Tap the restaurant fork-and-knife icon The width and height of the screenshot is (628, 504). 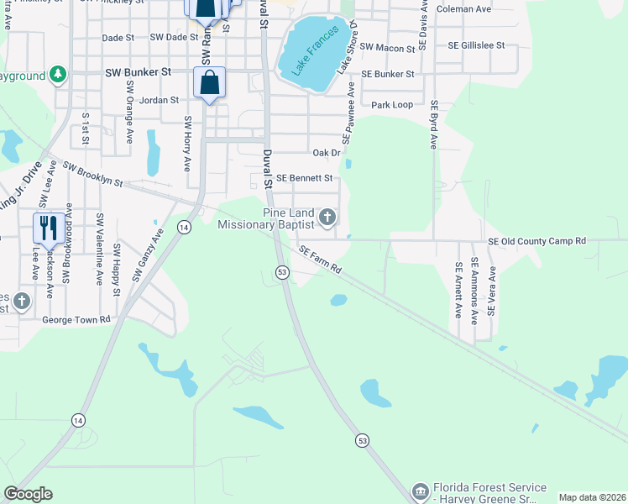click(47, 227)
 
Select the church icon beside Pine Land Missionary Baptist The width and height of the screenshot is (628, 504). click(328, 218)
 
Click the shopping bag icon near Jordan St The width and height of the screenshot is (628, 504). click(209, 83)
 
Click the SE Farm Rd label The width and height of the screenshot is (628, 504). click(320, 258)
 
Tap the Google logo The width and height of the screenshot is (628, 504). click(28, 493)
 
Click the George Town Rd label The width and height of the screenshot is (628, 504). click(76, 320)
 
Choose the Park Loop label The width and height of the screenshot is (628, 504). click(392, 105)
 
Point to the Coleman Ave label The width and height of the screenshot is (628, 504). click(463, 9)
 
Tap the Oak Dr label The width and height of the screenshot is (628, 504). click(326, 153)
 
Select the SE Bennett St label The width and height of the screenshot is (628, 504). click(305, 178)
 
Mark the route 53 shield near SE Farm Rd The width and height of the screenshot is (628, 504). click(282, 271)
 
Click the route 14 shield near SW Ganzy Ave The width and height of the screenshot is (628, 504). click(184, 227)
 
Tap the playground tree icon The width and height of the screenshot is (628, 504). click(58, 76)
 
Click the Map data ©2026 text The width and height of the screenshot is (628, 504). click(591, 497)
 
